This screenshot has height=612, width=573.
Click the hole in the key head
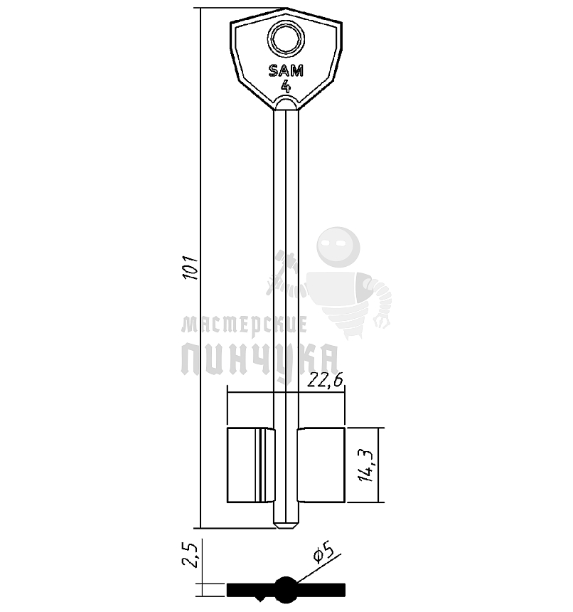[286, 39]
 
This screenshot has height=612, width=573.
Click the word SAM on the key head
[286, 71]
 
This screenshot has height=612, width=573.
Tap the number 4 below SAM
[286, 86]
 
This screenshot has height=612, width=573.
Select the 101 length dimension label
[192, 268]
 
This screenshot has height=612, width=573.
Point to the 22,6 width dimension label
[325, 380]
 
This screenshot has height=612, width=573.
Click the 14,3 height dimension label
[367, 465]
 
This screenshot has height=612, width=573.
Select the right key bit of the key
[321, 465]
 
